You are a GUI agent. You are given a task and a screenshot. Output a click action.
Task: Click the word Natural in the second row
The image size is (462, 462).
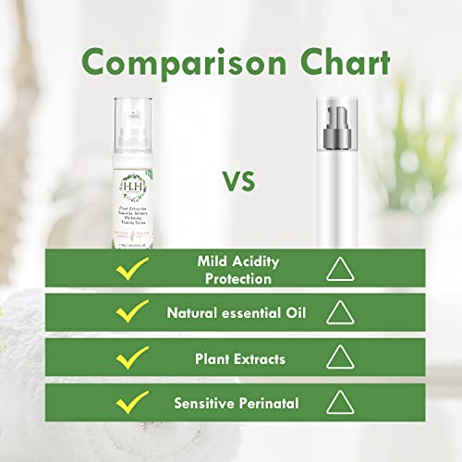[190, 313]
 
